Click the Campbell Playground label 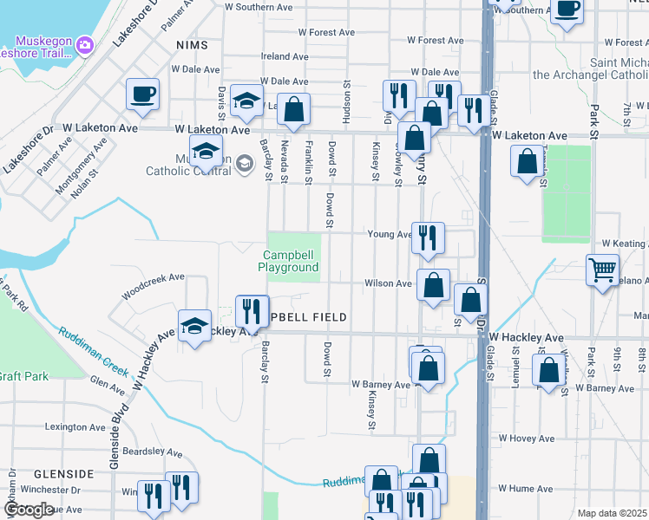point(288,261)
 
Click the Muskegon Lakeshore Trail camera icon point(84,44)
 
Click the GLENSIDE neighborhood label point(63,474)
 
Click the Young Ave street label point(389,234)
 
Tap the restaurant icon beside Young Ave point(428,237)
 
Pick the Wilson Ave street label point(388,283)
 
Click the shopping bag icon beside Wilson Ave point(433,283)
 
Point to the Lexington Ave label point(75,427)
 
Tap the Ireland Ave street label point(285,56)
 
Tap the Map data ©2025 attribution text point(613,513)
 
